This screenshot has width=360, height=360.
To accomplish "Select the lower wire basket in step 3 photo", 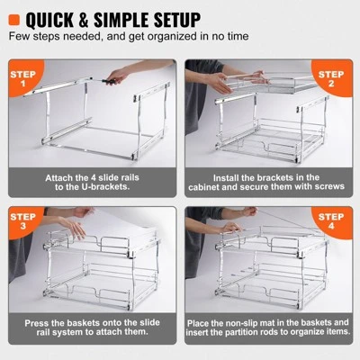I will point(90,288).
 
